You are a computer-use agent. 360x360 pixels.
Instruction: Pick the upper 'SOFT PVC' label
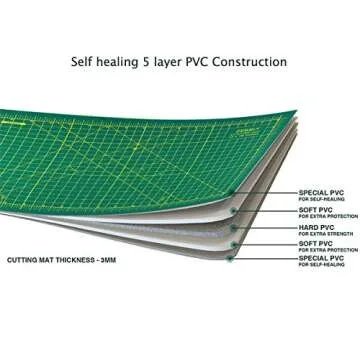(x=314, y=208)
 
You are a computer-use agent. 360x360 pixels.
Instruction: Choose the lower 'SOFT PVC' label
(x=314, y=241)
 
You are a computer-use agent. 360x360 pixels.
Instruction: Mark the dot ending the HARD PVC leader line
(x=233, y=226)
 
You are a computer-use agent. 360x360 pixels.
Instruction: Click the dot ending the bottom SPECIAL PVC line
(x=230, y=258)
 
